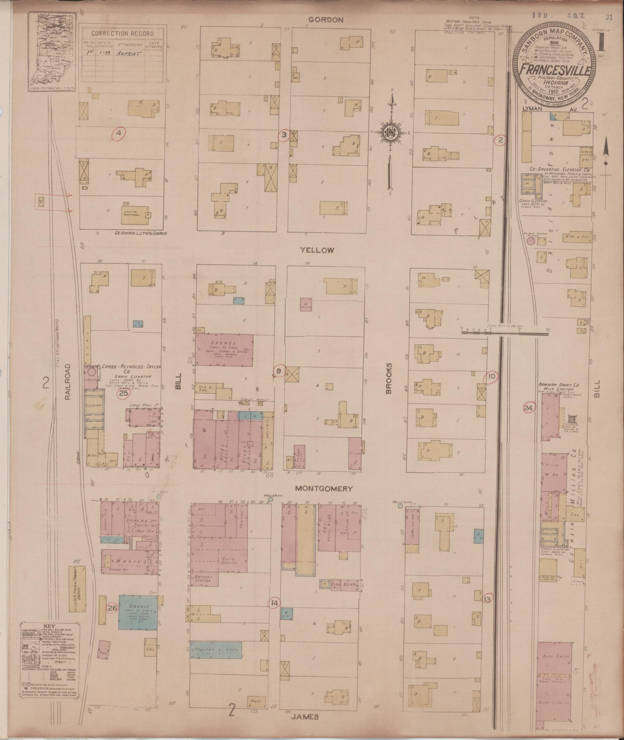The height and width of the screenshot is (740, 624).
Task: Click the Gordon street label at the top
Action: click(325, 20)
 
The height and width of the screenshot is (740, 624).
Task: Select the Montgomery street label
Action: click(324, 489)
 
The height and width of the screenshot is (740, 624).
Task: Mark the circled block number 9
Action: click(279, 371)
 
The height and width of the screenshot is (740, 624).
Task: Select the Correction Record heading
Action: click(123, 34)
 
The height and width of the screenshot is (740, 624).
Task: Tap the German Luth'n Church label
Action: click(141, 234)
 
